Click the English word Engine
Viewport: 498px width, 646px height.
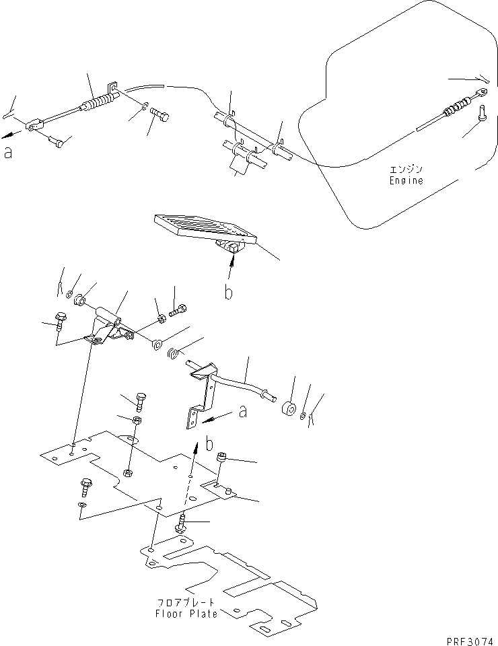pos(406,180)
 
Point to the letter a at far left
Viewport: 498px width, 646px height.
pos(8,153)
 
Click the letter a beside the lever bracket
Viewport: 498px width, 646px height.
pos(243,411)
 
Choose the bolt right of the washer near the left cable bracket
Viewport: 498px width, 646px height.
pos(159,116)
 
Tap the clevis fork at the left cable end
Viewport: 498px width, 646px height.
pos(34,125)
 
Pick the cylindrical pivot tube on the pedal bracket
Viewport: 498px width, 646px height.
pos(108,314)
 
